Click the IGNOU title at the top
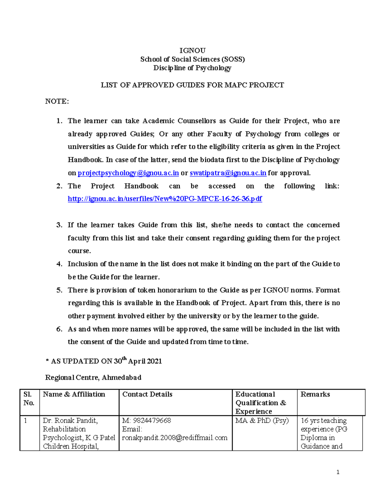pyautogui.click(x=192, y=50)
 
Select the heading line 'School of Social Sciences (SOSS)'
pyautogui.click(x=192, y=59)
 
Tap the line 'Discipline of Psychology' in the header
pyautogui.click(x=192, y=68)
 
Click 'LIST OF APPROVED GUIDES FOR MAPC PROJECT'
pyautogui.click(x=192, y=85)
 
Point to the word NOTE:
pyautogui.click(x=57, y=101)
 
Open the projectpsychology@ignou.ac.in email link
pyautogui.click(x=128, y=173)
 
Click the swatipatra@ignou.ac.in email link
pyautogui.click(x=228, y=173)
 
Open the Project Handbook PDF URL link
pyautogui.click(x=165, y=199)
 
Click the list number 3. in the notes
pyautogui.click(x=59, y=225)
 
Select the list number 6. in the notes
pyautogui.click(x=59, y=329)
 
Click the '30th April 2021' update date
pyautogui.click(x=138, y=361)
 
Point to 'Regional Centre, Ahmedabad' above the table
pyautogui.click(x=93, y=377)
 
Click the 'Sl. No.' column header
pyautogui.click(x=29, y=399)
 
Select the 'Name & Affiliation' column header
pyautogui.click(x=74, y=394)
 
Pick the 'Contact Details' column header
pyautogui.click(x=147, y=394)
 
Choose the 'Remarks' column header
pyautogui.click(x=315, y=394)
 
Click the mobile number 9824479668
pyautogui.click(x=152, y=420)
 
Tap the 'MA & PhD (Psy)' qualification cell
pyautogui.click(x=262, y=420)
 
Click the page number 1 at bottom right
pyautogui.click(x=338, y=472)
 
